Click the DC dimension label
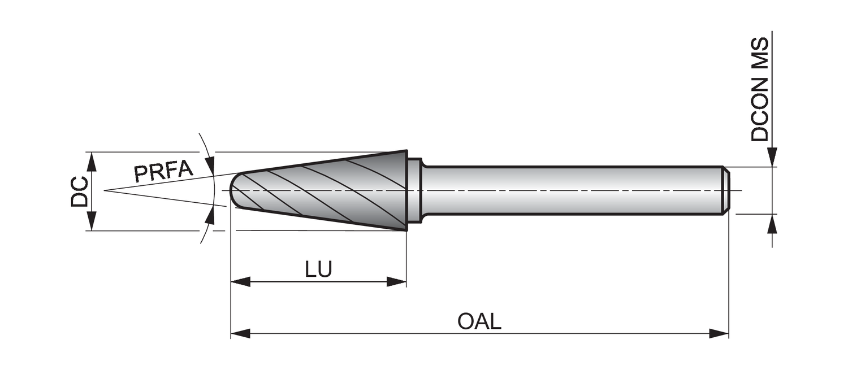pyautogui.click(x=79, y=191)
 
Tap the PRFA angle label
pyautogui.click(x=163, y=171)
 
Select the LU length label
pyautogui.click(x=318, y=269)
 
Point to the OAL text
pyautogui.click(x=479, y=321)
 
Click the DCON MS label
pyautogui.click(x=760, y=89)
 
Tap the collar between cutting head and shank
pyautogui.click(x=414, y=190)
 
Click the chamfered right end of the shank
pyautogui.click(x=726, y=190)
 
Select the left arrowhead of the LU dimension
pyautogui.click(x=240, y=281)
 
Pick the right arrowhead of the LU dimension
pyautogui.click(x=397, y=281)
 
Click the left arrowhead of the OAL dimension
pyautogui.click(x=240, y=333)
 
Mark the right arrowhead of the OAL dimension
pyautogui.click(x=720, y=333)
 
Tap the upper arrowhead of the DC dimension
pyautogui.click(x=93, y=160)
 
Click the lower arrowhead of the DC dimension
pyautogui.click(x=93, y=222)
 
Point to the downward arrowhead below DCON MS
pyautogui.click(x=772, y=158)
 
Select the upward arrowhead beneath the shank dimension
pyautogui.click(x=772, y=224)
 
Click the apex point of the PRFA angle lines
pyautogui.click(x=105, y=190)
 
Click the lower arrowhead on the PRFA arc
pyautogui.click(x=210, y=215)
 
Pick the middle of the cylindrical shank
pyautogui.click(x=571, y=190)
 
